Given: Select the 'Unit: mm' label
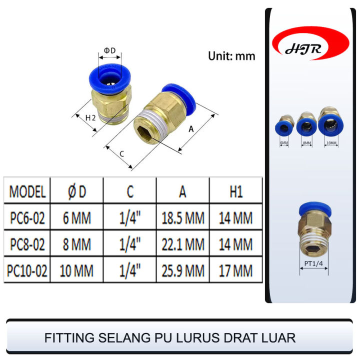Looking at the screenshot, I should [231, 56].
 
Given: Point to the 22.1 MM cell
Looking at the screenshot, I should [183, 244].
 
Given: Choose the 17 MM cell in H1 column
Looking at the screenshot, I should [235, 271].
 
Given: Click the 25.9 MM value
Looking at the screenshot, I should [183, 271].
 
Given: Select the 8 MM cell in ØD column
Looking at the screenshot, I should [76, 244].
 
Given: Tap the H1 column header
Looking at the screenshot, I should [235, 191].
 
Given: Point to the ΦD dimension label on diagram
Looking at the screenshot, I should [109, 50].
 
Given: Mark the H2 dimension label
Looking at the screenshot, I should [90, 118].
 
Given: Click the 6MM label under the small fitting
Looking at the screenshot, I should [284, 143].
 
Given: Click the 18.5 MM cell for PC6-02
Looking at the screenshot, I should [183, 218].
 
